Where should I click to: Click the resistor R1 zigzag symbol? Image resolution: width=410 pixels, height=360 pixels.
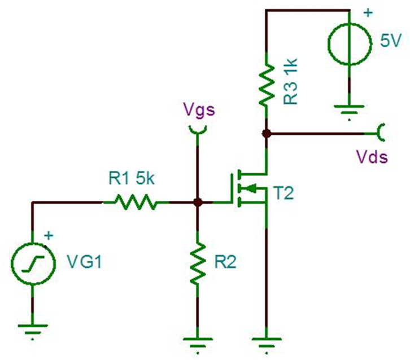pos(135,202)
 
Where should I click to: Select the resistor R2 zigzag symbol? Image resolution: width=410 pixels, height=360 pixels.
pos(197,263)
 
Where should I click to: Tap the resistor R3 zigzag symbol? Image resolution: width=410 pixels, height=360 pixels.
pos(266,85)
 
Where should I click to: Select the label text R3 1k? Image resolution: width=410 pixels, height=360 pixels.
pos(292,83)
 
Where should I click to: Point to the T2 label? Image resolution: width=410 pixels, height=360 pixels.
pos(286,194)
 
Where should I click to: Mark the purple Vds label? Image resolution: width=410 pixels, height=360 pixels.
pos(371,156)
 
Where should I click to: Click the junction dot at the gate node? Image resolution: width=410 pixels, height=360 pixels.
pos(197,202)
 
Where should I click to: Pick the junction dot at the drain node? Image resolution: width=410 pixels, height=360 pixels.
pos(266,134)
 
